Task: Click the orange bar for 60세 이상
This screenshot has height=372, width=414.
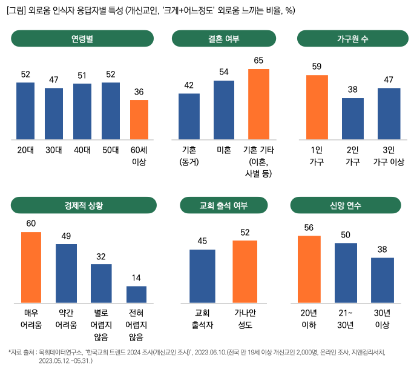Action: coord(139,119)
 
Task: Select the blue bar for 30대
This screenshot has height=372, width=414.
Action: coord(54,114)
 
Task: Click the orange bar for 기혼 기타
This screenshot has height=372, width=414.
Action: coord(258,104)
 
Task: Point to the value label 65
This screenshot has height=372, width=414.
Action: coord(258,61)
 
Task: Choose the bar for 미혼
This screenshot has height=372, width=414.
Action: coord(224,110)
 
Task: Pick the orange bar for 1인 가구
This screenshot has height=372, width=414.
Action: coord(317,107)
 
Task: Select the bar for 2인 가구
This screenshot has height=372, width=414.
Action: coord(352,118)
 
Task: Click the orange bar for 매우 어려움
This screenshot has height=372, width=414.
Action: coord(31,267)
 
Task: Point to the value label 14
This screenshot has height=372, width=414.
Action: coord(136,278)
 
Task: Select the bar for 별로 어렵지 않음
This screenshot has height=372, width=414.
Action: coord(101,283)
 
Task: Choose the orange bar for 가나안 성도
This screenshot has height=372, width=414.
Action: coord(245,271)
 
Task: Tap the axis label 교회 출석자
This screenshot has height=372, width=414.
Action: coord(202,319)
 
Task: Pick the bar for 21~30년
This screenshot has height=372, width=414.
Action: coord(346,273)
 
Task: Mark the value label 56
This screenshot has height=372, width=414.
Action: coord(309,227)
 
